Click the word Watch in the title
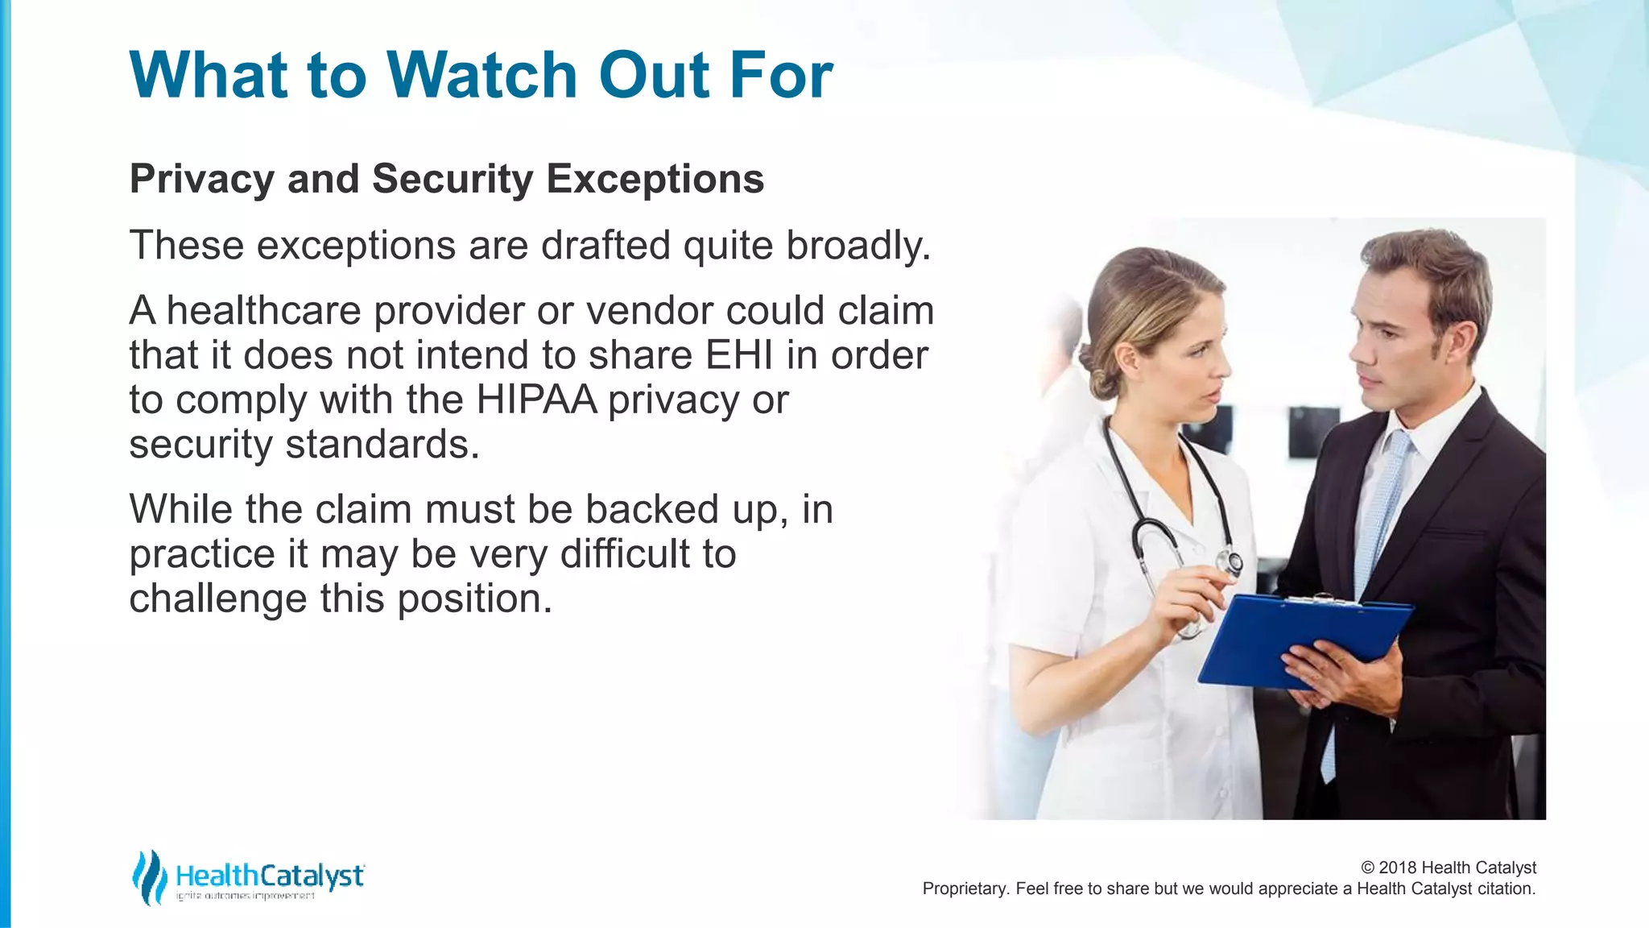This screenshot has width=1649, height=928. click(x=482, y=75)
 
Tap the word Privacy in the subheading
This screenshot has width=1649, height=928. click(x=201, y=179)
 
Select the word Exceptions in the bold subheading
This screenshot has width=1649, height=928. click(x=655, y=179)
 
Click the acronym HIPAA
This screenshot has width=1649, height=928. click(x=537, y=400)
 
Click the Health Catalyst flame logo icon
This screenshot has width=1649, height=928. click(x=149, y=876)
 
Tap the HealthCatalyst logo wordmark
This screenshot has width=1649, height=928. click(x=270, y=876)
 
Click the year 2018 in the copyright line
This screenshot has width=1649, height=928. click(x=1398, y=868)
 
